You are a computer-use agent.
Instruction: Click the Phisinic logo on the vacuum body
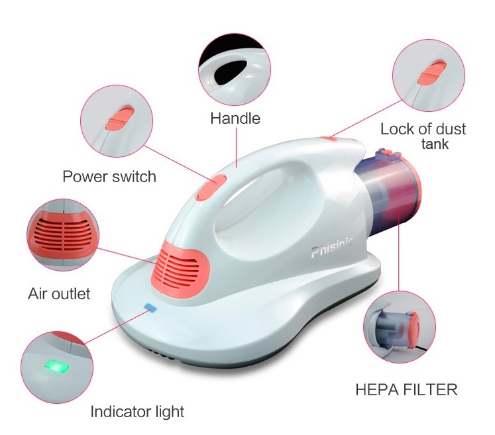[331, 247]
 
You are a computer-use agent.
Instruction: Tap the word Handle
[235, 119]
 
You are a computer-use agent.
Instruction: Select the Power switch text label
[109, 176]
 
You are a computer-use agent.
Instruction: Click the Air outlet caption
[59, 294]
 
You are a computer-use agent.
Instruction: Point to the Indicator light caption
[137, 412]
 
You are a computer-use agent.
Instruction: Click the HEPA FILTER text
[406, 389]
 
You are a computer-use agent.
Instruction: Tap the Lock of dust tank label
[423, 136]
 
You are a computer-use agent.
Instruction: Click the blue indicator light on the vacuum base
[150, 307]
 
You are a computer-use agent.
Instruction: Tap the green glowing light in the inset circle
[57, 367]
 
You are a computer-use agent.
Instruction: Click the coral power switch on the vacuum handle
[211, 187]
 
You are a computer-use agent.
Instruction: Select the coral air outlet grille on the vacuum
[180, 269]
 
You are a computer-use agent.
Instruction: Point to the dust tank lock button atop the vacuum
[328, 138]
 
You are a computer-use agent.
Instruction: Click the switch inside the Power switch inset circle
[120, 119]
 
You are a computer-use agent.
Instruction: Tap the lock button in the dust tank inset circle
[432, 73]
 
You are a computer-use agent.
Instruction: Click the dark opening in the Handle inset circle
[230, 72]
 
